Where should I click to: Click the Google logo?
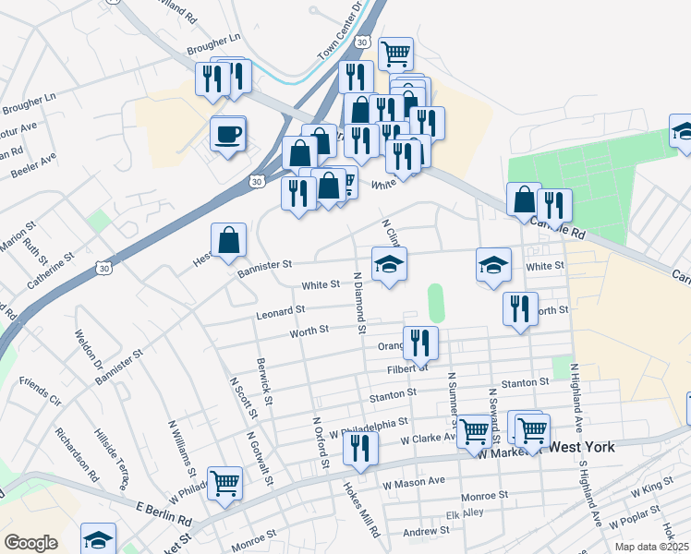point(30,543)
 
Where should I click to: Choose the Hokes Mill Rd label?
point(362,511)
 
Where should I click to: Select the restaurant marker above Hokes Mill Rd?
point(359,449)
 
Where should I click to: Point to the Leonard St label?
point(281,312)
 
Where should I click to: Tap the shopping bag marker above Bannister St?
point(228,241)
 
